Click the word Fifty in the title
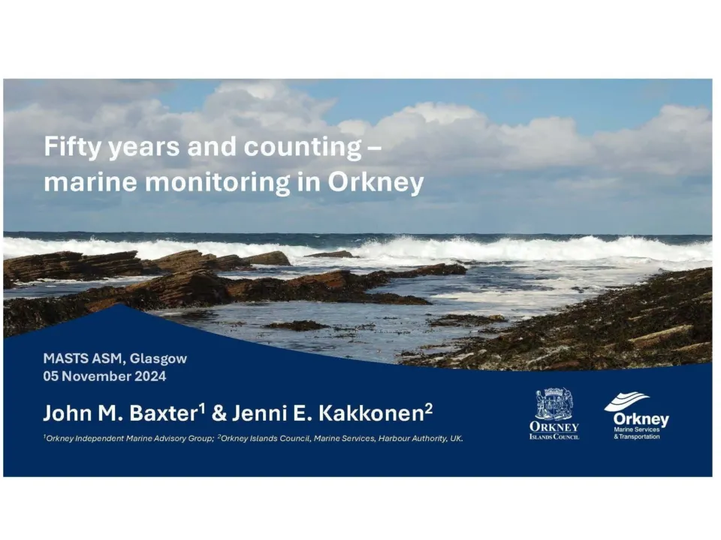click(71, 147)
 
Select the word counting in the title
click(303, 147)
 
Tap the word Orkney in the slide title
click(376, 183)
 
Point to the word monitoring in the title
click(218, 183)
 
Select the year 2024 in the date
click(150, 376)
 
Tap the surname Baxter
click(163, 413)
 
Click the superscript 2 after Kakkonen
click(429, 408)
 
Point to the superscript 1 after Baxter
click(202, 408)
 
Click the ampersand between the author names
click(219, 413)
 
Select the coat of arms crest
click(554, 404)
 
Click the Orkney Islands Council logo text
click(554, 430)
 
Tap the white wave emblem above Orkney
click(626, 401)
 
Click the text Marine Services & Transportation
click(637, 433)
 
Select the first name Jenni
click(258, 413)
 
